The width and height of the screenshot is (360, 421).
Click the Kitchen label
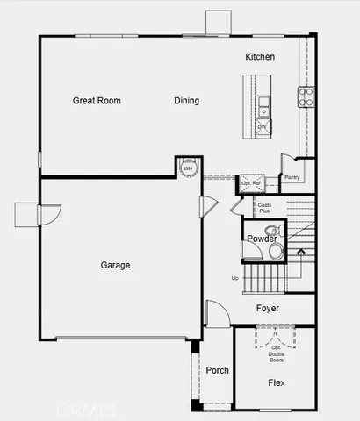coord(260,57)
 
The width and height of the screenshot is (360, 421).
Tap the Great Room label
coord(97,101)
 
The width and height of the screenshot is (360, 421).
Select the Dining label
coord(186,101)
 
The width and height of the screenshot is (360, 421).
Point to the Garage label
coord(115,265)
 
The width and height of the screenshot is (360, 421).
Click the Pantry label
coord(292,178)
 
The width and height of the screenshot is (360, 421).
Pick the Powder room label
coord(261,239)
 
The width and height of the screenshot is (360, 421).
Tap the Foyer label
coord(268,309)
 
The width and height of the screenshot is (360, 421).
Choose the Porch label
coord(217,371)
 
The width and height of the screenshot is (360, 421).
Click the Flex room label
coord(277,383)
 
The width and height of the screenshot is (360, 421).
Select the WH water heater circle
coord(188,168)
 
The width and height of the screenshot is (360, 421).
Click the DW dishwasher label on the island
coord(262,127)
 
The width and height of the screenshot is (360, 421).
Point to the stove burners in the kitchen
coord(306,96)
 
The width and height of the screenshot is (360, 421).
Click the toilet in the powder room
coord(275,252)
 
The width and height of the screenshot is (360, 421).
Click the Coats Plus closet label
coord(263,209)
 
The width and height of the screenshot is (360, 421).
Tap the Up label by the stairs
coord(234,279)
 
